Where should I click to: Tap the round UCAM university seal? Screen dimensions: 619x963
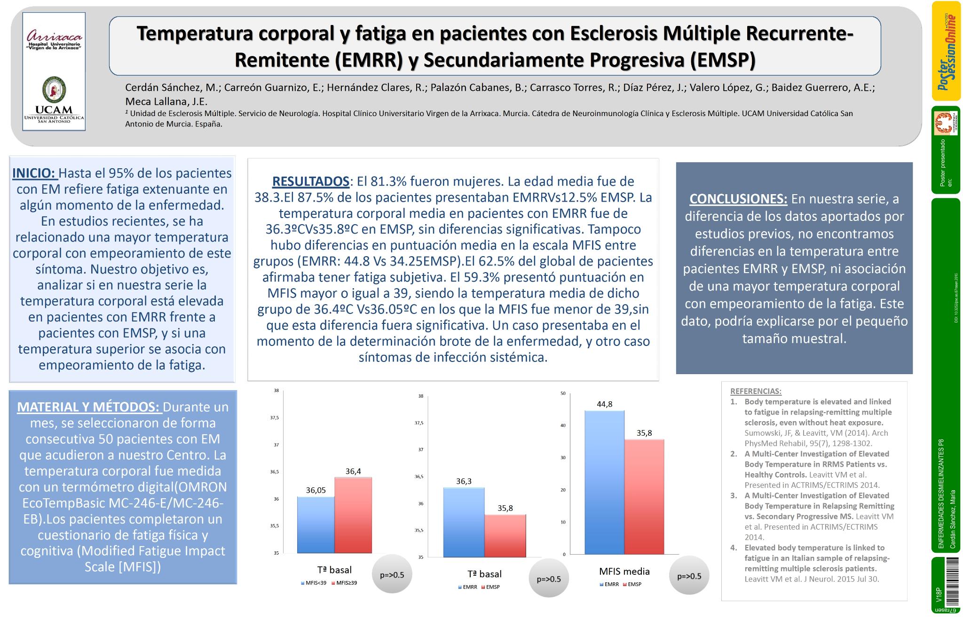[54, 90]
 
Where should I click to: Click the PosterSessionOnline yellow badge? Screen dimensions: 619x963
[946, 51]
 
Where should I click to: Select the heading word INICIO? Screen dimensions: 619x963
[34, 173]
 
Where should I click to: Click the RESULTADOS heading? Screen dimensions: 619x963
[310, 181]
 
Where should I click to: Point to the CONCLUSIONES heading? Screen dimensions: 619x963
[738, 199]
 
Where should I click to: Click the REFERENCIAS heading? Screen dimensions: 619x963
[756, 391]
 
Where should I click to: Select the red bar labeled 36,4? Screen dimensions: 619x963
[353, 515]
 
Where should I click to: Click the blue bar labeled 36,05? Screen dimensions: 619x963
[316, 525]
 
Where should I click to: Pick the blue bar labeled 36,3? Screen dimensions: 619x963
[464, 522]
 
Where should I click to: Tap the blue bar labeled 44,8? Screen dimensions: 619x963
[604, 482]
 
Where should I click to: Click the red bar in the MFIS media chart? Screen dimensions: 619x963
[644, 496]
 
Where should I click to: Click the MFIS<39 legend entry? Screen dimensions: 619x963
[314, 583]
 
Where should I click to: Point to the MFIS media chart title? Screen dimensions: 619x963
[624, 572]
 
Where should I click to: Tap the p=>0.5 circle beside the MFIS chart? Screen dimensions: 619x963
[689, 576]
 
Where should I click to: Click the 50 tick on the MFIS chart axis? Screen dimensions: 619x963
[563, 393]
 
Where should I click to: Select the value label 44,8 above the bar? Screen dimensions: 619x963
[604, 404]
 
